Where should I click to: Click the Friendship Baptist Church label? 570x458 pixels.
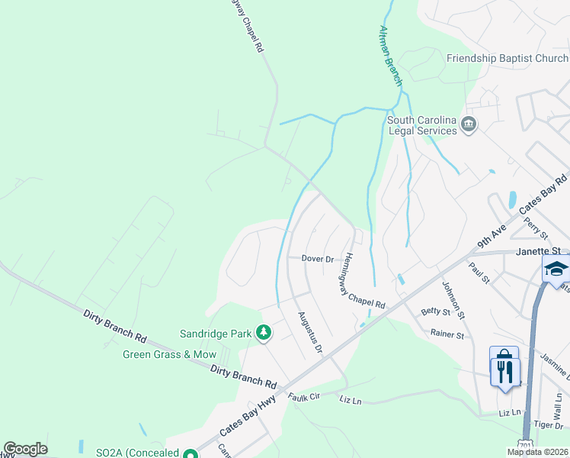point(507,58)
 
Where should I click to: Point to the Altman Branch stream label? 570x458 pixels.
point(390,53)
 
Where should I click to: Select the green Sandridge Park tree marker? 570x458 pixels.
point(264,333)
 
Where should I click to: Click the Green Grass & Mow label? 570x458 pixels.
point(170,354)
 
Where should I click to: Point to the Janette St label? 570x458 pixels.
point(538,250)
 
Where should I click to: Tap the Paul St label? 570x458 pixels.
point(479,272)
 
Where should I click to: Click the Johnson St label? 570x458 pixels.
point(453,300)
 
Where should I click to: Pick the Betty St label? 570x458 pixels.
point(436,311)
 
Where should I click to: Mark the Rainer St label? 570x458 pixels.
point(447,334)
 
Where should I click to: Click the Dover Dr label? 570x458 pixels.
point(318,259)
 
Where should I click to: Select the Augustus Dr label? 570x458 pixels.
point(310,333)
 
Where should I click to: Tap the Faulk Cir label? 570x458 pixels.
point(305,397)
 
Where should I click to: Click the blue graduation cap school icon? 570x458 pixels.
point(556,268)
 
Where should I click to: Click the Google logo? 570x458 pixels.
point(25,449)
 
